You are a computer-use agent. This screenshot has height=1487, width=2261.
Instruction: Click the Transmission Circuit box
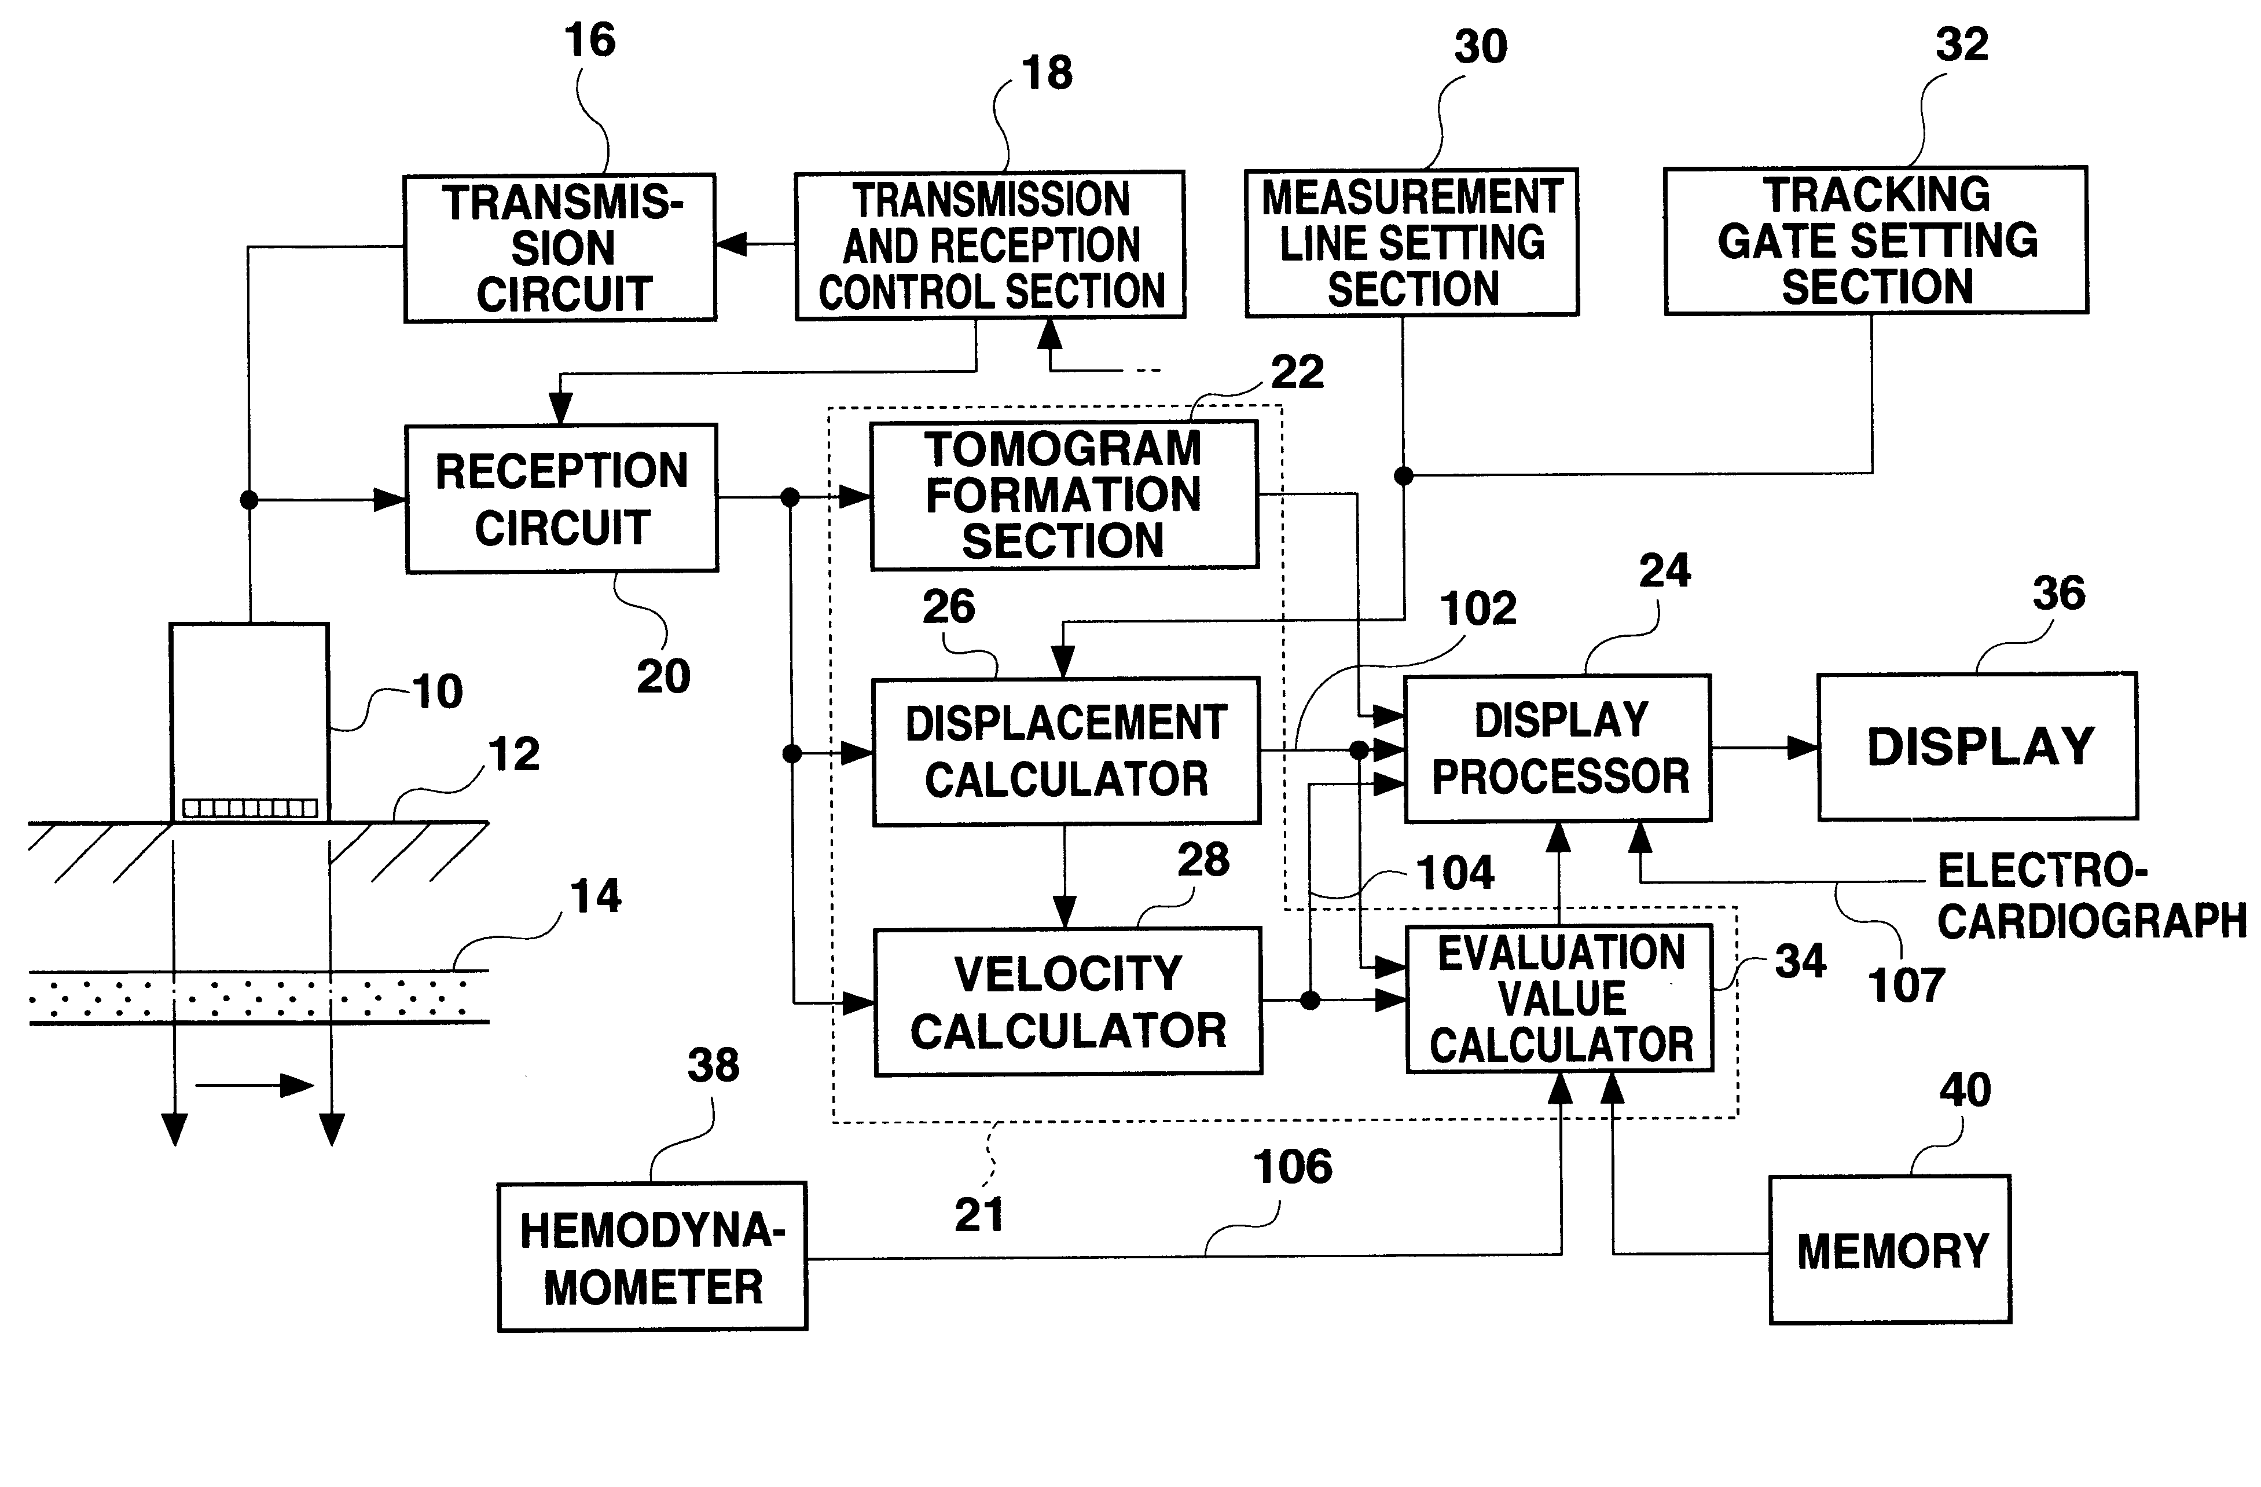[560, 248]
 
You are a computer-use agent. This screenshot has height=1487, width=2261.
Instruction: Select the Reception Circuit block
[561, 499]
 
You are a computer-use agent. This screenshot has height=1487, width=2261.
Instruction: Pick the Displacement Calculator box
[1066, 750]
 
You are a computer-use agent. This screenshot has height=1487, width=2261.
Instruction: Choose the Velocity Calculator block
[1068, 1002]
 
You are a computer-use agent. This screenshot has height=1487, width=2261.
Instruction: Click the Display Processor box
[1558, 748]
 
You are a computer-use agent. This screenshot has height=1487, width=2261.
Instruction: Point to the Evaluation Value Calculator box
[1560, 999]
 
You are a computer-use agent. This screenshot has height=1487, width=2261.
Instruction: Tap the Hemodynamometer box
[652, 1256]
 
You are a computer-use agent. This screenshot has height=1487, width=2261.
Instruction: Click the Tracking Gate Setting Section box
[1875, 240]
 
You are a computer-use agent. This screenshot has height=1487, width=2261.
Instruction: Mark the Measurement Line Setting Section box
[1412, 242]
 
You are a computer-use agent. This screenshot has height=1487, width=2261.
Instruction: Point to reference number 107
[1906, 986]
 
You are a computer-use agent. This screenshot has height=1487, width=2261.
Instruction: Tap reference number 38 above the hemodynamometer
[714, 1065]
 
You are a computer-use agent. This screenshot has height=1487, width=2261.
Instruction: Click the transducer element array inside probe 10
[250, 808]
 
